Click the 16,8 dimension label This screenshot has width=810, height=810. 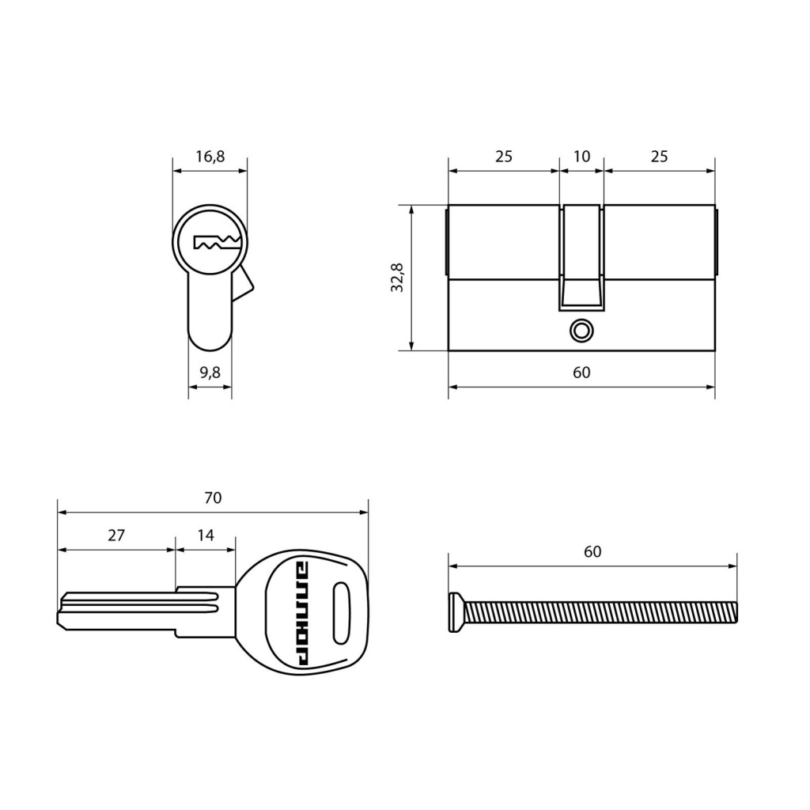click(210, 156)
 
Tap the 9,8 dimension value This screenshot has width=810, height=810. click(210, 372)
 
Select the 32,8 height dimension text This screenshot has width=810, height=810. click(397, 278)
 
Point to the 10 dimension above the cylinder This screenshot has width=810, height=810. click(581, 156)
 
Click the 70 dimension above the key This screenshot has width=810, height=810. click(213, 498)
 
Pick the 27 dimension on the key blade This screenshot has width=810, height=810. click(116, 535)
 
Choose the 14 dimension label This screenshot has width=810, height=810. click(206, 535)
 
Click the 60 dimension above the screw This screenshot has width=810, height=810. click(592, 551)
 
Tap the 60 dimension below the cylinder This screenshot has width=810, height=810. click(581, 372)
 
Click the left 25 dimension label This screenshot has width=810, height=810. click(504, 156)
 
